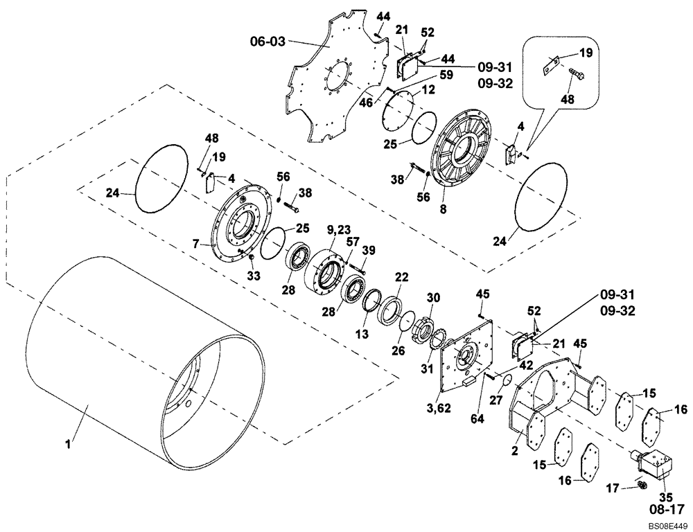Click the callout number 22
(x=401, y=276)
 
